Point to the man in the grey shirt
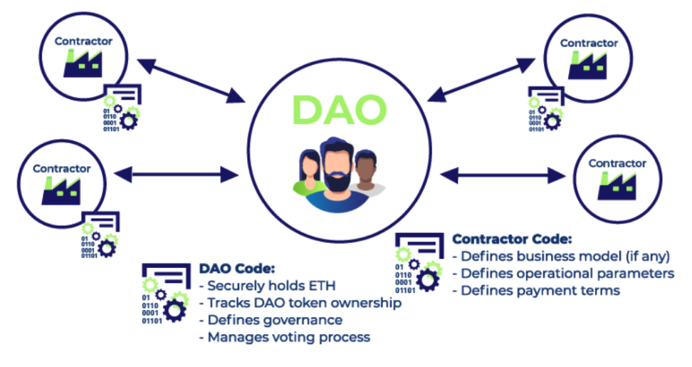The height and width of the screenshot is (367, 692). (367, 175)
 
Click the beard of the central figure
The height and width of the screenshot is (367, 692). (337, 182)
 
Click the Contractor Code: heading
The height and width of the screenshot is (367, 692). (512, 239)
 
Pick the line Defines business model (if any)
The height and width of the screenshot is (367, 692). (562, 256)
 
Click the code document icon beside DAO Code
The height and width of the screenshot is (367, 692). (164, 294)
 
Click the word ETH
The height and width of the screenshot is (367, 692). (321, 286)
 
